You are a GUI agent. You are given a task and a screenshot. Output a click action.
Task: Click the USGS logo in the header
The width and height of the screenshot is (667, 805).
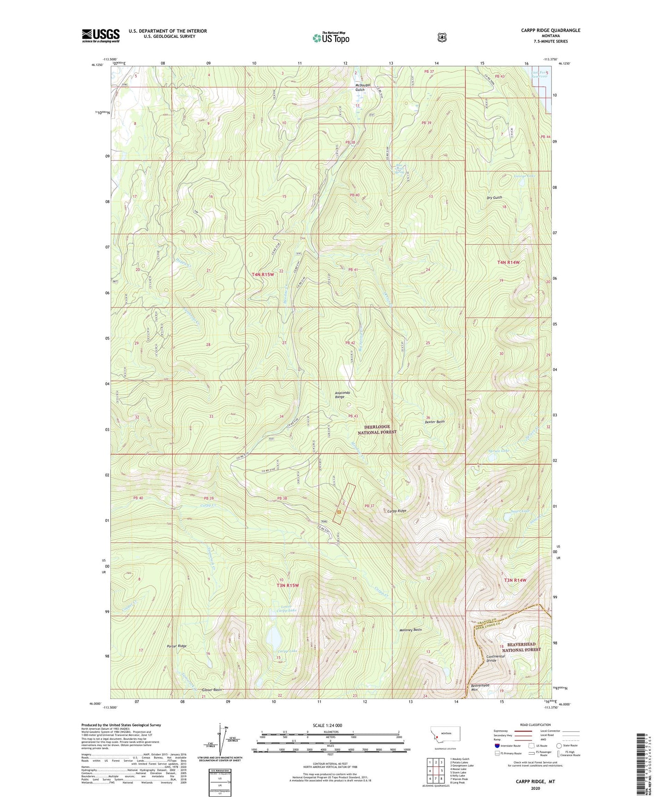tap(101, 36)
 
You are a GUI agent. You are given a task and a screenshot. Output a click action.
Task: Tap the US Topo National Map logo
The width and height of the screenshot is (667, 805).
tap(330, 37)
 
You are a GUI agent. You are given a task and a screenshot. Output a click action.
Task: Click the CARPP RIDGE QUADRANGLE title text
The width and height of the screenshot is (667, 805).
tap(544, 30)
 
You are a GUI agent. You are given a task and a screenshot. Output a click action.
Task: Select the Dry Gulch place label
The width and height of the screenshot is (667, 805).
tap(494, 198)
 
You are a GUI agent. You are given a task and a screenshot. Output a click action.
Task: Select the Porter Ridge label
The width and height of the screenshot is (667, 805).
tap(177, 646)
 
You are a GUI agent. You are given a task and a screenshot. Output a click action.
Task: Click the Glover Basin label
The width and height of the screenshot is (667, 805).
tap(212, 690)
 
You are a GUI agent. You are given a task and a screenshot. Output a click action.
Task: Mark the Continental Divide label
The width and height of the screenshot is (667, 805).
tap(496, 658)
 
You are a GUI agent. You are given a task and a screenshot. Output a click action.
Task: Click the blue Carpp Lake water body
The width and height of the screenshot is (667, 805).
tap(273, 638)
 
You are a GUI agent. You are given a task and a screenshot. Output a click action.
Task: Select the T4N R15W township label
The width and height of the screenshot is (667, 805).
tap(263, 274)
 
